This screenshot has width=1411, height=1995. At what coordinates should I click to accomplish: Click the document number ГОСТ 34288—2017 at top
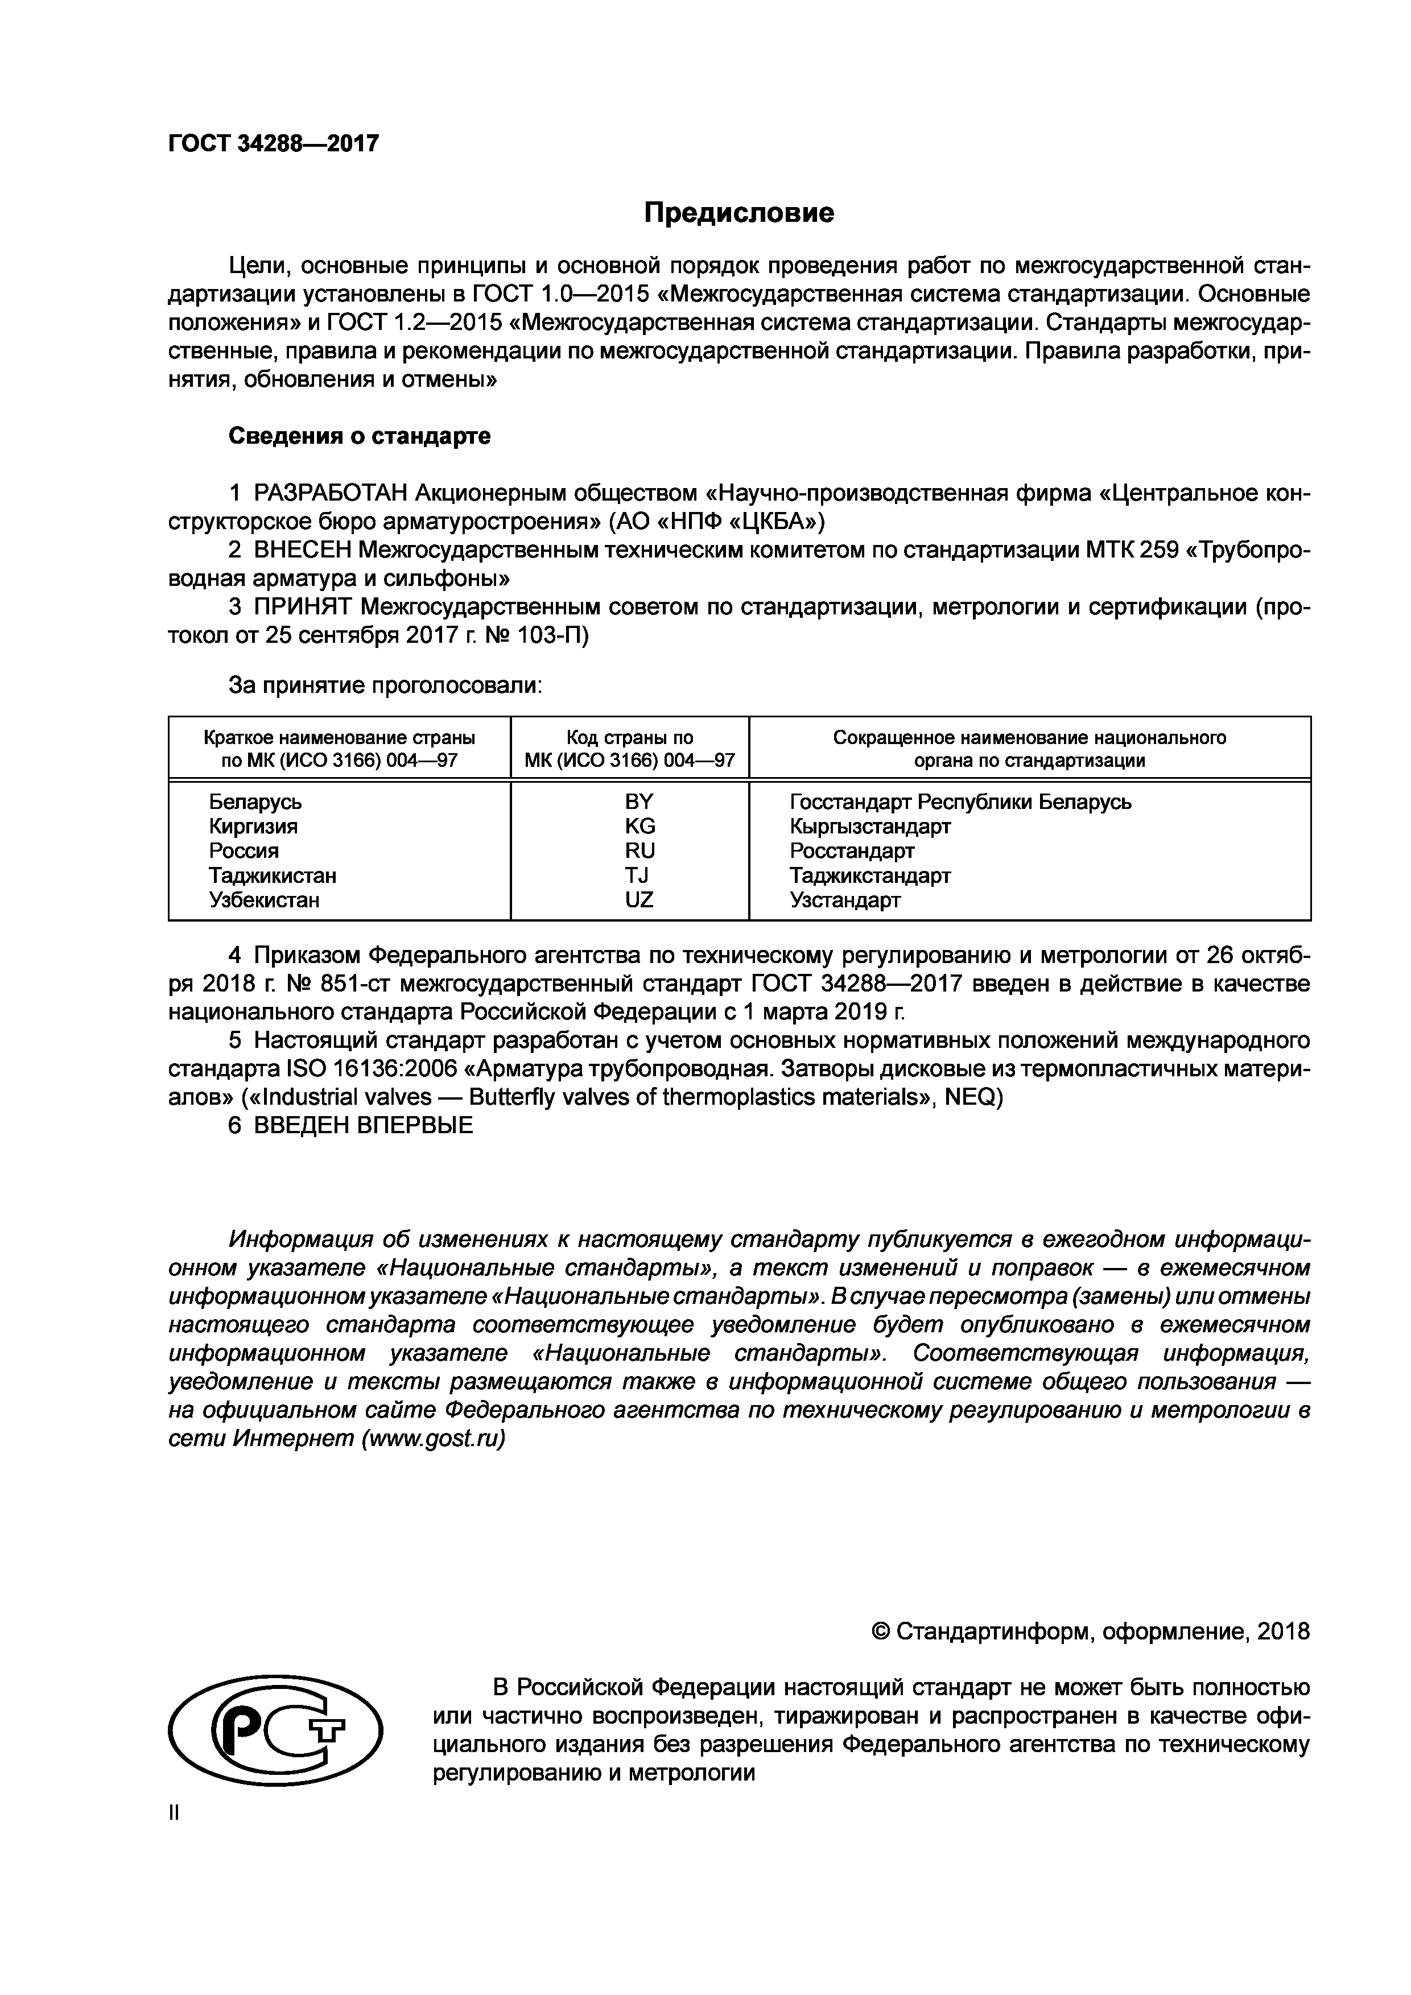pyautogui.click(x=274, y=143)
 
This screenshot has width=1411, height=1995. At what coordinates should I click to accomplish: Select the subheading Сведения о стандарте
pyautogui.click(x=359, y=436)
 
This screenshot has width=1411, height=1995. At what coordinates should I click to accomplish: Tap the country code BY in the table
pyautogui.click(x=638, y=801)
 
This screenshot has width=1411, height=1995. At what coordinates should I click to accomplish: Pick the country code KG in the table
pyautogui.click(x=640, y=825)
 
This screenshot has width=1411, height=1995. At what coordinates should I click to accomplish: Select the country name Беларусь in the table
pyautogui.click(x=255, y=801)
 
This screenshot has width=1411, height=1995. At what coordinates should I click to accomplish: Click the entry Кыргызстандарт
pyautogui.click(x=870, y=825)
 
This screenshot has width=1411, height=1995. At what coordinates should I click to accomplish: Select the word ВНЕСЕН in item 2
pyautogui.click(x=302, y=550)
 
